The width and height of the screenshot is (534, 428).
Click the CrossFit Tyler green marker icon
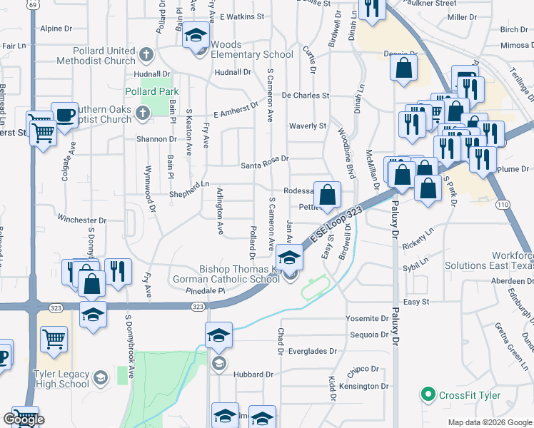(428, 394)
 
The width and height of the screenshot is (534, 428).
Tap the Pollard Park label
(151, 92)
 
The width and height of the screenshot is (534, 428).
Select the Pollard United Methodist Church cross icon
(146, 54)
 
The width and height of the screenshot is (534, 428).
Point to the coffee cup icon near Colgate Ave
(66, 116)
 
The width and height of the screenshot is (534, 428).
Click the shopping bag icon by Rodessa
(327, 194)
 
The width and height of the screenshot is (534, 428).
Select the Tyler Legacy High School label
(61, 379)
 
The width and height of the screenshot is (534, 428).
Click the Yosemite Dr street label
(366, 318)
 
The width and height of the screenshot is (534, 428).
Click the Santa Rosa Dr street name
(263, 159)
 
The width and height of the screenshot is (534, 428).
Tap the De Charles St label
(305, 95)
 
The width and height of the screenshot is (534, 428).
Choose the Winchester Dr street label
(81, 220)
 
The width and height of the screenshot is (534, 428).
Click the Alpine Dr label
(56, 29)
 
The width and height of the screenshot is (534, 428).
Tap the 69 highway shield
(33, 4)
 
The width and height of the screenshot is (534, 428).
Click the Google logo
(24, 419)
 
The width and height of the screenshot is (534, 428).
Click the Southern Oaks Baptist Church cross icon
(142, 112)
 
